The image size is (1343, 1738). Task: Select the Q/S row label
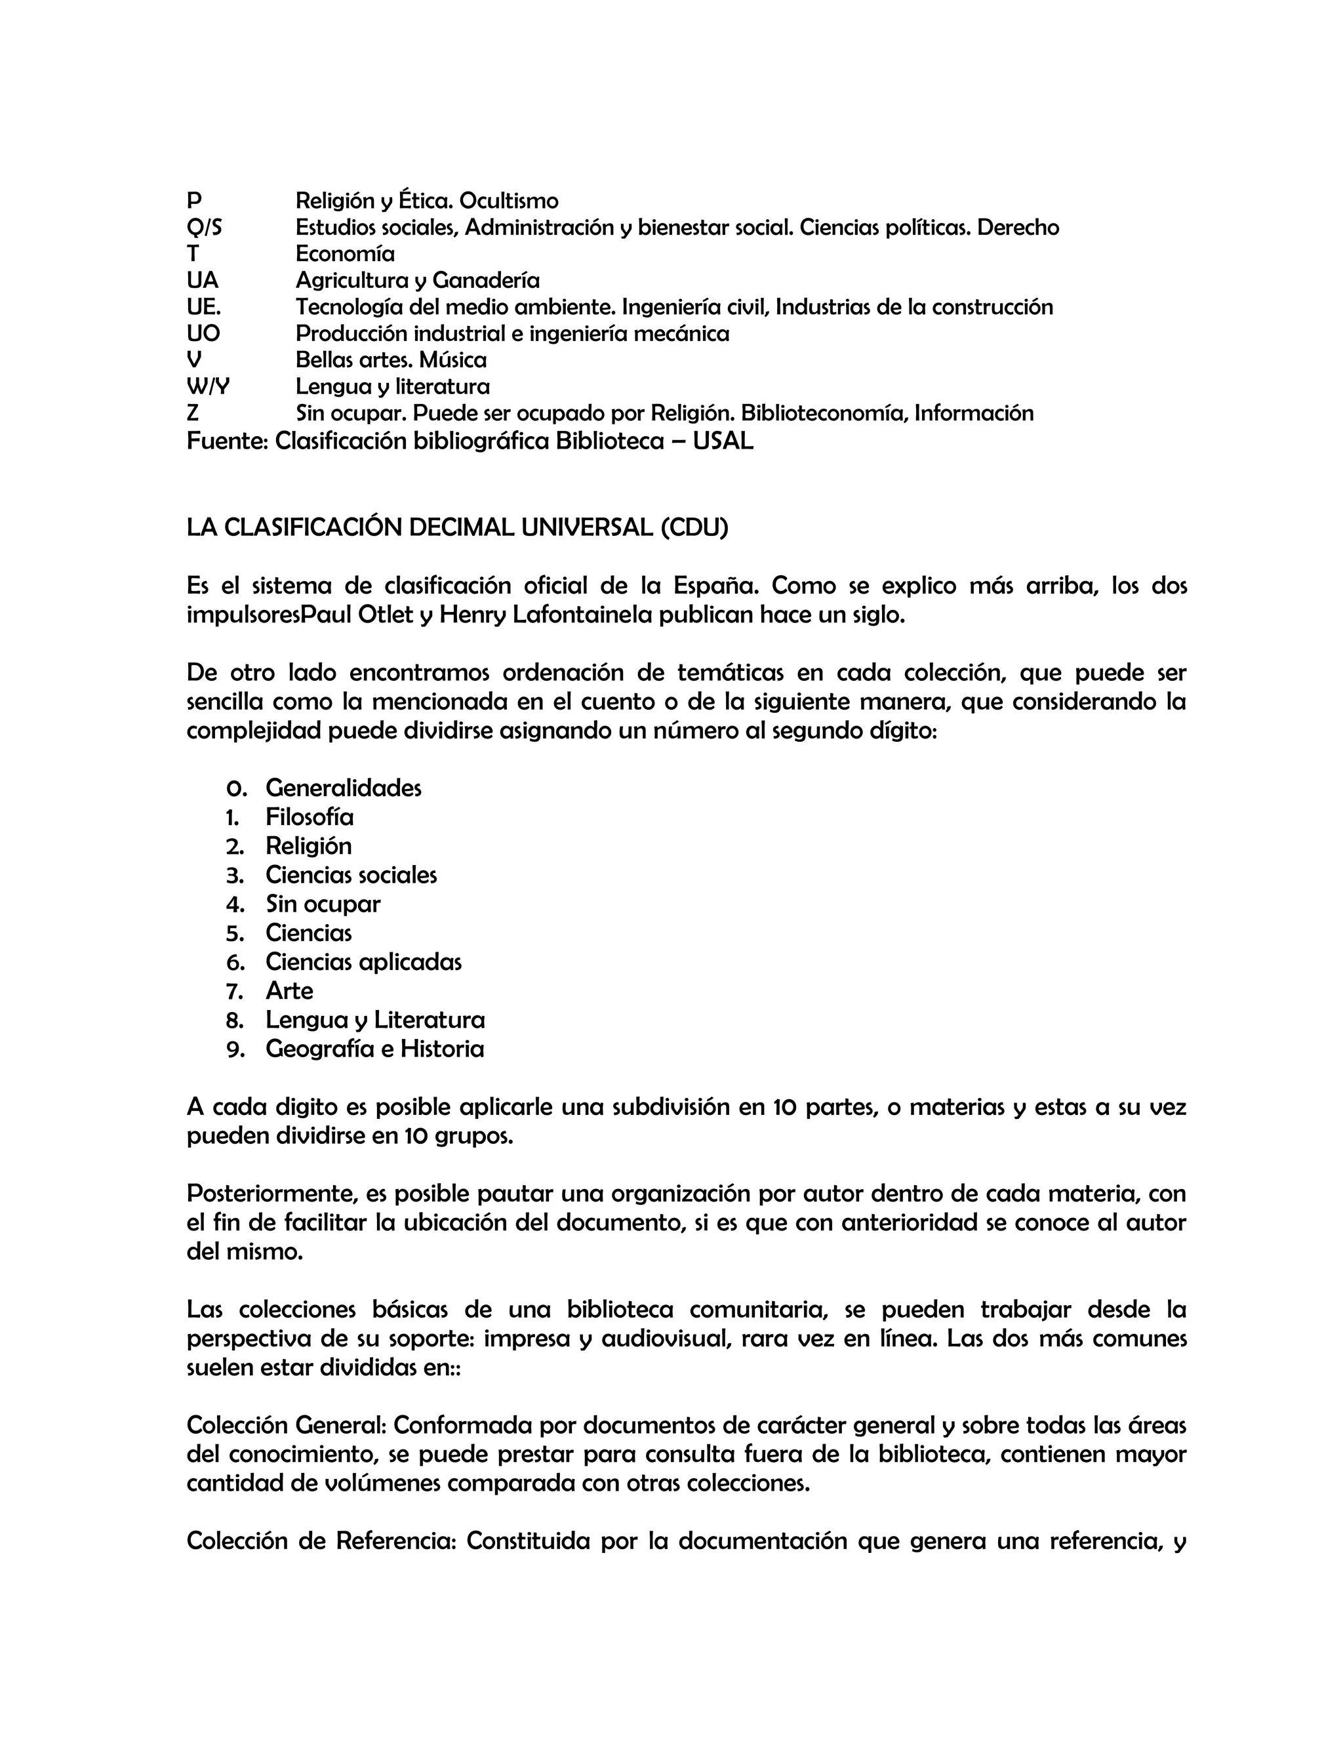click(x=205, y=228)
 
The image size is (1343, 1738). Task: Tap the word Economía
click(x=344, y=254)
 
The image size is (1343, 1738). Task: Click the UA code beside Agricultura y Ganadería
click(x=202, y=280)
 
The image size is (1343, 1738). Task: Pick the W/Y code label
click(x=208, y=387)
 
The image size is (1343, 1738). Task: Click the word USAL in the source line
click(x=723, y=441)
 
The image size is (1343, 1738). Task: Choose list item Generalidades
click(x=343, y=788)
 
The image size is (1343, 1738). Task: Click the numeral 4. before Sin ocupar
click(x=235, y=904)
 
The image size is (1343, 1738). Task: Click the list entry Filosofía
click(x=310, y=817)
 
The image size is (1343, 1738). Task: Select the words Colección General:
click(x=287, y=1425)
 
